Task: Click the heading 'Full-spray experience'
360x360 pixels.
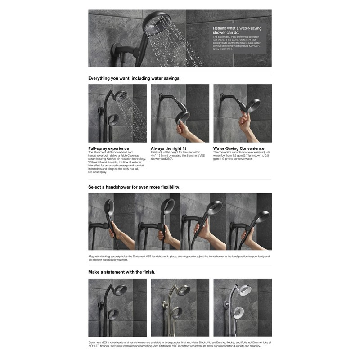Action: [x=108, y=148]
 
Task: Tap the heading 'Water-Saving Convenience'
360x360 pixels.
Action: [x=238, y=148]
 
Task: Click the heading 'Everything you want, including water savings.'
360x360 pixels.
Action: [x=134, y=78]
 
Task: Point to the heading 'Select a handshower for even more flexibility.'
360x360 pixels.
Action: [x=134, y=187]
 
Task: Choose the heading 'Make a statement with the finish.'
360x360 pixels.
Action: [x=122, y=272]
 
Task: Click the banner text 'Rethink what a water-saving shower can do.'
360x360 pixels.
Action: [x=237, y=31]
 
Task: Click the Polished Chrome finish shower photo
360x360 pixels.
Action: [x=243, y=307]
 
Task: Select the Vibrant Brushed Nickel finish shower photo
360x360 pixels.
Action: [x=180, y=307]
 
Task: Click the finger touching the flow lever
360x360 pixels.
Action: [x=243, y=118]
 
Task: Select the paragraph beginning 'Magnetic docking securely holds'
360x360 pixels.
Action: [x=179, y=258]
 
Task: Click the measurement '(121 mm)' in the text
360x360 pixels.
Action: [x=167, y=156]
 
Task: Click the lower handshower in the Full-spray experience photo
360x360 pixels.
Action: [x=113, y=120]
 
